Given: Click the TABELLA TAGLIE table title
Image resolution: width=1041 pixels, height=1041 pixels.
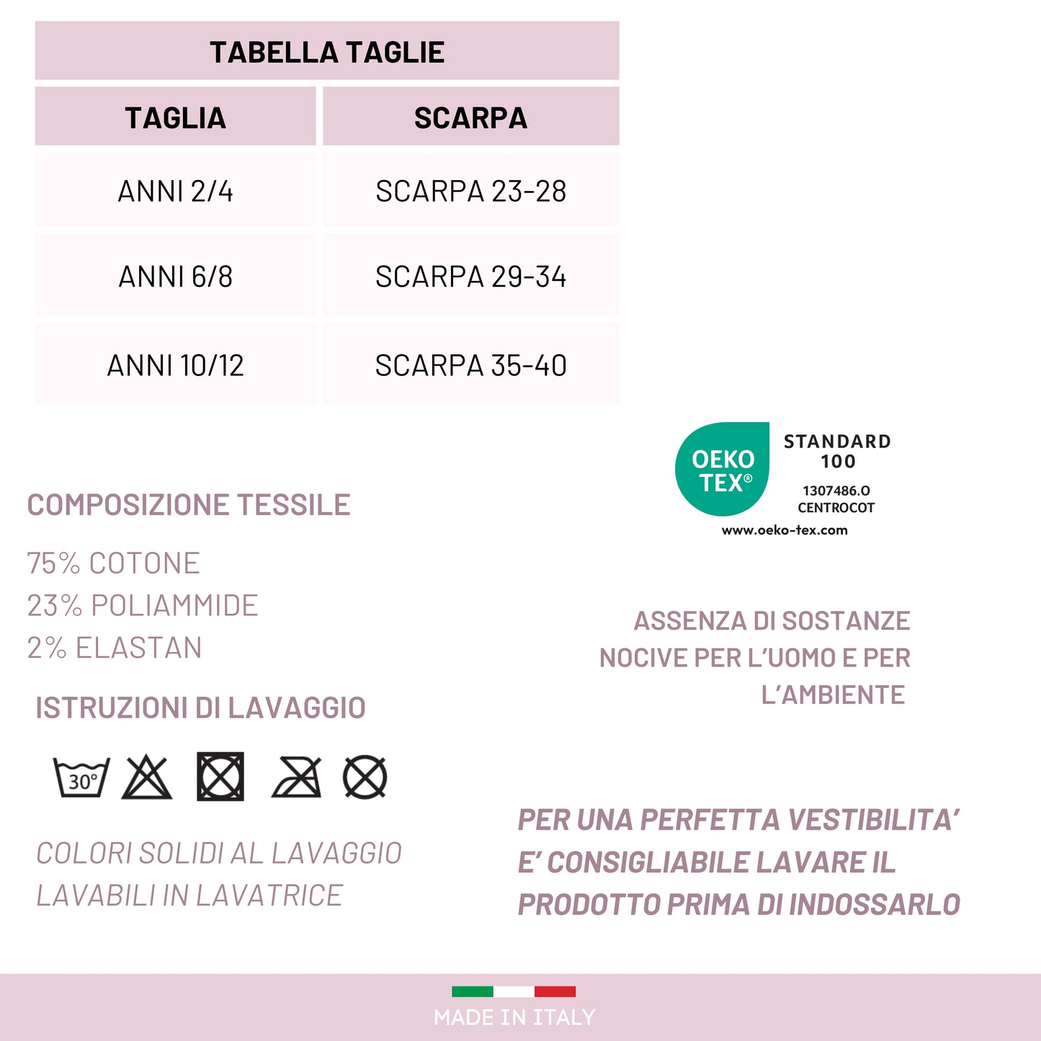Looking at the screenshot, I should [x=327, y=52].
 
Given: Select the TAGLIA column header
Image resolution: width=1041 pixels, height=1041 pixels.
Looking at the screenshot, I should [x=175, y=117].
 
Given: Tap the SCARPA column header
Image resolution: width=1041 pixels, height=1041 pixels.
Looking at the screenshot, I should [x=470, y=117].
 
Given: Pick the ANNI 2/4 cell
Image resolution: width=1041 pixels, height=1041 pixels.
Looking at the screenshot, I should [x=175, y=191].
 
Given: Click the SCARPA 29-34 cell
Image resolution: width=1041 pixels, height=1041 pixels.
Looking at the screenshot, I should [x=470, y=277].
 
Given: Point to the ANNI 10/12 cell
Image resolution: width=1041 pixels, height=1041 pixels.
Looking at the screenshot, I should [x=175, y=365].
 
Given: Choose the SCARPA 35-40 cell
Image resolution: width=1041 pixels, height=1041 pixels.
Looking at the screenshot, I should [x=470, y=365].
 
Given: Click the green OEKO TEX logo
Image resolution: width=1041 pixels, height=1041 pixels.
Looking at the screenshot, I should [x=723, y=470].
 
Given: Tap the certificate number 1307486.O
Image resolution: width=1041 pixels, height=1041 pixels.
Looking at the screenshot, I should [x=836, y=491].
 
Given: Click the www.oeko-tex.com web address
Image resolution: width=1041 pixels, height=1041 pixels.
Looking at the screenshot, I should [x=785, y=530].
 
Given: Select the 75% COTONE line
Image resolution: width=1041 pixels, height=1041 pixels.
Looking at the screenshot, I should [x=113, y=563].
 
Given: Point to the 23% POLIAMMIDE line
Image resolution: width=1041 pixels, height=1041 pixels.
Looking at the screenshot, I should [x=142, y=606].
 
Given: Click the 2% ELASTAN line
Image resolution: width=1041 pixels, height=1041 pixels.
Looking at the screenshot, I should [x=114, y=648].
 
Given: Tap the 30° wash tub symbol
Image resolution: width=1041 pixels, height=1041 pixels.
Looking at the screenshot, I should [x=82, y=777].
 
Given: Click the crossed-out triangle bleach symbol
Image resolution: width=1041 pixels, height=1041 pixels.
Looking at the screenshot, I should [x=147, y=778].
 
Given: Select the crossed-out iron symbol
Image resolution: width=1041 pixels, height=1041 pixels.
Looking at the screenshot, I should [x=296, y=778].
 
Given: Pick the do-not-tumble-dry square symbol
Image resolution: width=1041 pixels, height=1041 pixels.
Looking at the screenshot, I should [x=220, y=777].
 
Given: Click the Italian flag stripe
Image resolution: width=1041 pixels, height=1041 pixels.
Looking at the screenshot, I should [x=514, y=991].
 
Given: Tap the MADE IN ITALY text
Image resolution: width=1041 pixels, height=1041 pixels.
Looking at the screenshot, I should [x=514, y=1017].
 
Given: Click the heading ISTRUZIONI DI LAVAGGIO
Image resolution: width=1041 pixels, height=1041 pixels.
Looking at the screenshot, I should [x=200, y=707].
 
